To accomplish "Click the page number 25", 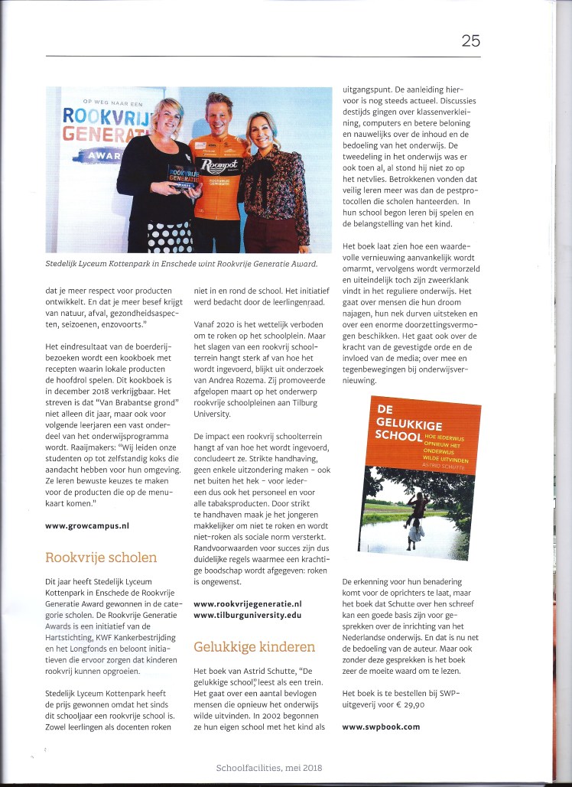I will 470,41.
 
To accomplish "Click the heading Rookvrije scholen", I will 101,557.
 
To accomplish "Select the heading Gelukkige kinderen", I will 254,647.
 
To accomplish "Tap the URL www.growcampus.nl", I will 86,526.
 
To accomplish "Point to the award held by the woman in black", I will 184,179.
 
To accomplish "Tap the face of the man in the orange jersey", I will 221,115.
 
